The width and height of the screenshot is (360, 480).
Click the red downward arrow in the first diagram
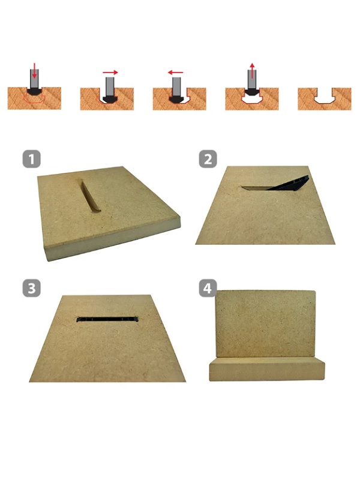(x=35, y=70)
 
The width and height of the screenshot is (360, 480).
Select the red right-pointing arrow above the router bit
(x=110, y=73)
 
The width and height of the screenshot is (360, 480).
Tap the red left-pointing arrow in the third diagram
(x=176, y=73)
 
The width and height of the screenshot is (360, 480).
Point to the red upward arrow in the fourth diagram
(x=251, y=71)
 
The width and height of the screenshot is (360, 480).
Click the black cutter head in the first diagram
(x=34, y=91)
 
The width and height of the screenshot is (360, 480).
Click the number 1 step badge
(x=32, y=159)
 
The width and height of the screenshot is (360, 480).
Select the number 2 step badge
(x=208, y=159)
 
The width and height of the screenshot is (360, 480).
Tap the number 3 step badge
(x=32, y=288)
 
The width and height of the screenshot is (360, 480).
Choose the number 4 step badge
(x=208, y=288)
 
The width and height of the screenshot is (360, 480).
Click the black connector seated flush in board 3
(x=107, y=319)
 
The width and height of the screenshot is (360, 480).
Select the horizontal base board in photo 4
(x=267, y=369)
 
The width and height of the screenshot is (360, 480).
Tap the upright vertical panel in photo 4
(x=265, y=324)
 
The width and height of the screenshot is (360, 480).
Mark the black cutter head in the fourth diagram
(x=251, y=91)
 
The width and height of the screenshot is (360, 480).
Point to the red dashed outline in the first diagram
(x=34, y=98)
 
